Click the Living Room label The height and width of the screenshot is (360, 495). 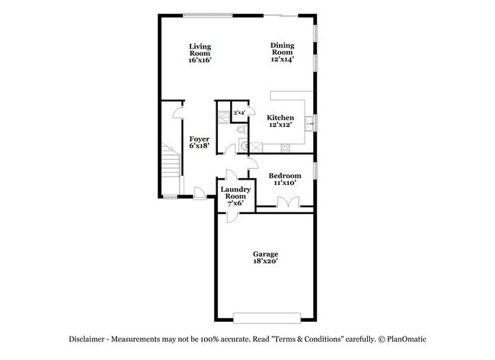[x=200, y=53]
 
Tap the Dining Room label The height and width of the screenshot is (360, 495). [x=282, y=52]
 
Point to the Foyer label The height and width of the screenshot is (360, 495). [x=200, y=142]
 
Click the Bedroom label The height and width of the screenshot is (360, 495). [x=285, y=179]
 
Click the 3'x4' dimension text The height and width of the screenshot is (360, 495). [x=238, y=113]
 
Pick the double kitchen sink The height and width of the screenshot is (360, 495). [x=310, y=121]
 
